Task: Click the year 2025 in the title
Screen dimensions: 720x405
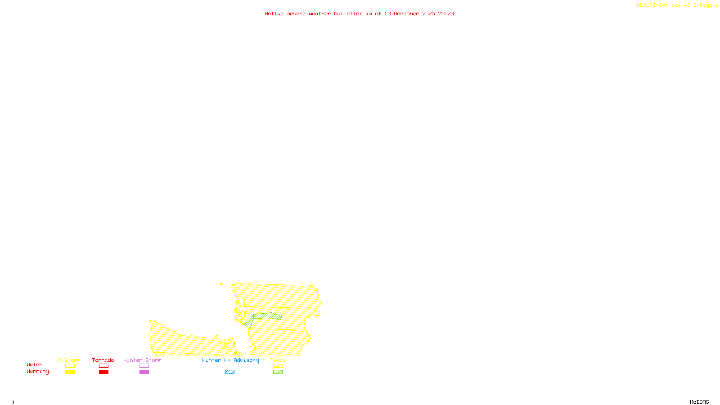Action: tap(428, 13)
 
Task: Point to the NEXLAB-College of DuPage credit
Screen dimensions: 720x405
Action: tap(675, 5)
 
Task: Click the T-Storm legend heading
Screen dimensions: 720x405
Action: tap(69, 360)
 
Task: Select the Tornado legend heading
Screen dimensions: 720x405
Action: tap(103, 360)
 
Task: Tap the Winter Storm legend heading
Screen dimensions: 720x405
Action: tap(142, 360)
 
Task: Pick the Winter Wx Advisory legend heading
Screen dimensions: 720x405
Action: tap(230, 360)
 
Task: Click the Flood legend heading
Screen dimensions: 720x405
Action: tap(278, 360)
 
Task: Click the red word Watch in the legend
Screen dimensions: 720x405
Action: tap(35, 364)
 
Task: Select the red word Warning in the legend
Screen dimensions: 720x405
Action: tap(38, 372)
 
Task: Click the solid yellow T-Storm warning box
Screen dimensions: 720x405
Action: tap(70, 372)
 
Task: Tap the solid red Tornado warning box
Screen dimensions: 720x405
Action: tap(103, 372)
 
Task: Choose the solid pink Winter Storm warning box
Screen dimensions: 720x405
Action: tap(144, 372)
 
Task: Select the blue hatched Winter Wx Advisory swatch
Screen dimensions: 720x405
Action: tap(229, 372)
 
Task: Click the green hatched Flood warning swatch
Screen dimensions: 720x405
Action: tap(278, 372)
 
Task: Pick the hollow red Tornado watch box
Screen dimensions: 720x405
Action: tap(103, 366)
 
